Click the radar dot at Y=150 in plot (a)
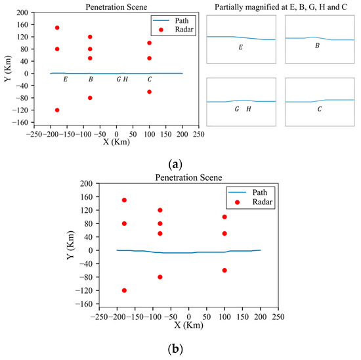pos(57,28)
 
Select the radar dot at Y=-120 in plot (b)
pos(124,290)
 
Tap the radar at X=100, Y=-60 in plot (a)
pos(150,91)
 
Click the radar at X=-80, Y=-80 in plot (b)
pos(160,277)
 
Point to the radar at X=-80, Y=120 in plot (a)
pos(90,37)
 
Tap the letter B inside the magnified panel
pos(317,45)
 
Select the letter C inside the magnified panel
pos(319,109)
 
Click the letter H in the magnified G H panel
pos(248,109)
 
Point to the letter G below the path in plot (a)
pos(119,79)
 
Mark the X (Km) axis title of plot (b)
pos(189,324)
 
